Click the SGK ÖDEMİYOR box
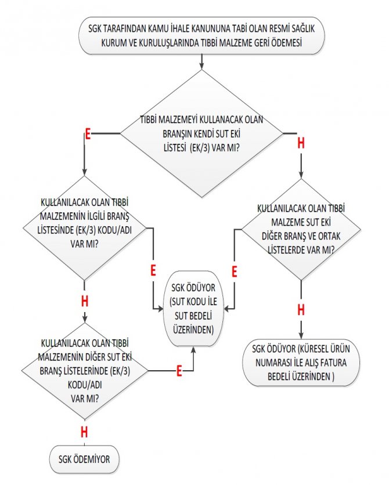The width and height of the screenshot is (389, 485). pyautogui.click(x=85, y=459)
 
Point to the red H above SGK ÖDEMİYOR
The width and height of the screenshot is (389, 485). pyautogui.click(x=84, y=432)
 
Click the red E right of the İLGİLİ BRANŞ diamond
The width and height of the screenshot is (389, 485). pyautogui.click(x=153, y=270)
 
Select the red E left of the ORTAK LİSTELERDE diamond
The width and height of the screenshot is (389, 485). pyautogui.click(x=235, y=271)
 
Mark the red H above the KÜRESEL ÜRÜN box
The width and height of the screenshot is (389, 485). pyautogui.click(x=301, y=309)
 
